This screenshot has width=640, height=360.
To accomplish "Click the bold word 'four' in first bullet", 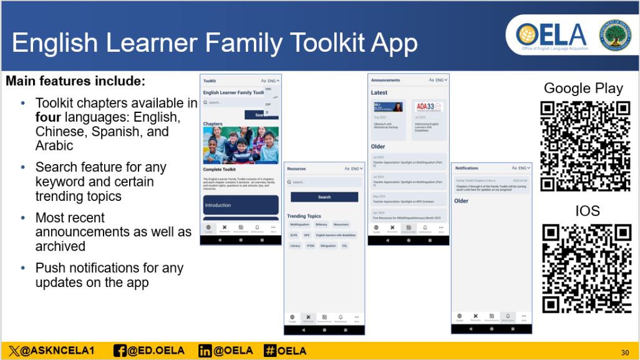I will click(x=49, y=117).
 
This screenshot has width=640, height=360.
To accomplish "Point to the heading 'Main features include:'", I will click(x=75, y=82).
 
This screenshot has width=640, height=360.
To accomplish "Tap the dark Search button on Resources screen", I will click(x=324, y=197).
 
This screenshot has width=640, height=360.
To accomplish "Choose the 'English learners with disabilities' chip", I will click(x=335, y=235).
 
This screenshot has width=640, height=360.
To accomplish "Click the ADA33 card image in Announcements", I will click(x=429, y=107).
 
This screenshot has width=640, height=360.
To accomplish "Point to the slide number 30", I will click(x=625, y=352).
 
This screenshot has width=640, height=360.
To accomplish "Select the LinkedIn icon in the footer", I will click(x=205, y=351).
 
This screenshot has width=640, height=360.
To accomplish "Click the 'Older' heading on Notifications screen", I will click(x=461, y=201).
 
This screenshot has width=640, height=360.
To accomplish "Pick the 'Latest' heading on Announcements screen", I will click(x=379, y=92).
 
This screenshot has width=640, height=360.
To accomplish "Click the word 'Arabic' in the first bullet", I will click(x=54, y=145).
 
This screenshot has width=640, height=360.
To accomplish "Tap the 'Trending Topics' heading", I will click(x=304, y=216).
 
